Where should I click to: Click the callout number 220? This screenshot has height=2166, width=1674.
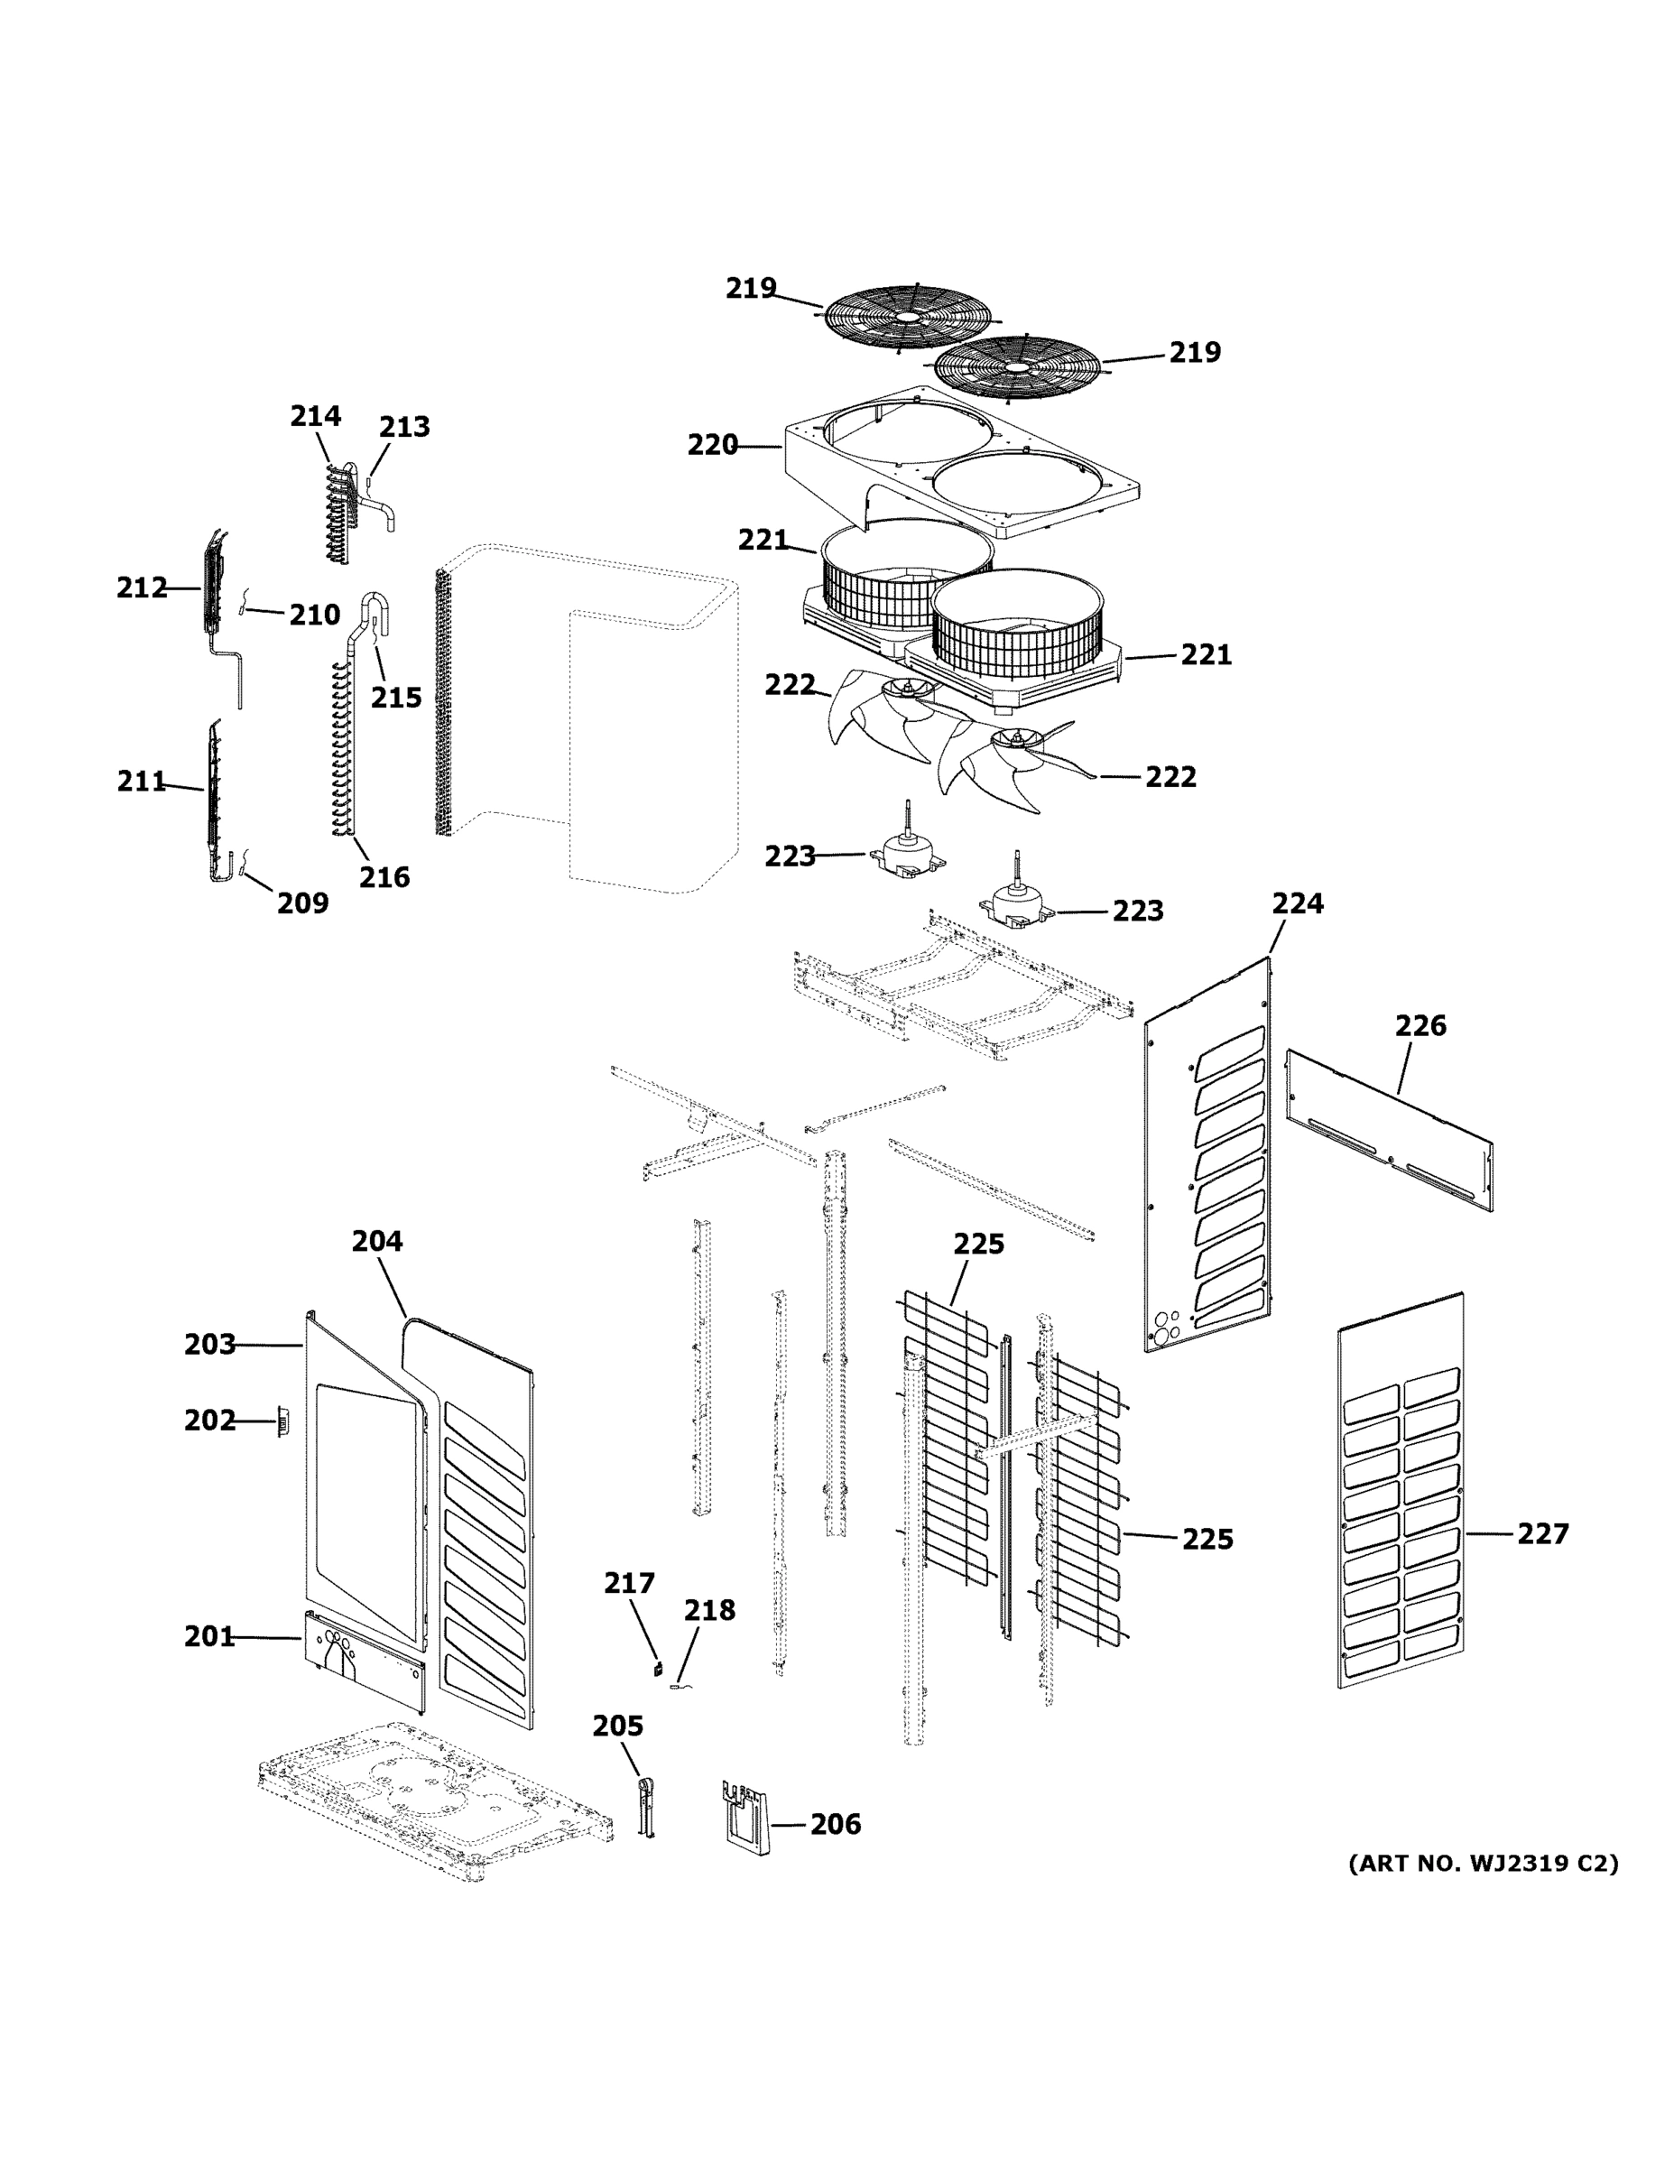(x=712, y=447)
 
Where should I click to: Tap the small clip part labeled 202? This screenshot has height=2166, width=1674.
(x=282, y=1424)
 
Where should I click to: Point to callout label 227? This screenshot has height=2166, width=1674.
(x=1543, y=1534)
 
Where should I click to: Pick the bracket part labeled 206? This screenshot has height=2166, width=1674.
(x=745, y=1817)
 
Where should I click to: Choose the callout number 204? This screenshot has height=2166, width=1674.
(x=377, y=1241)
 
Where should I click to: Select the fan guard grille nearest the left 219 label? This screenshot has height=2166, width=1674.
(x=908, y=317)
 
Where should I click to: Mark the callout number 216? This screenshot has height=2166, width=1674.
(x=384, y=876)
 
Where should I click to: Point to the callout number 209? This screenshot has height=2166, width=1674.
(x=302, y=902)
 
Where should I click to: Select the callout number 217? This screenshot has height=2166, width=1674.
(x=630, y=1583)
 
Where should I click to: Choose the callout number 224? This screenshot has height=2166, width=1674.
(x=1297, y=903)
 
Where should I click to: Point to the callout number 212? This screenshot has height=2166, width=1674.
(x=142, y=588)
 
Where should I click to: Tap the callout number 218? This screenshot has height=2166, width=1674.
(x=709, y=1610)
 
